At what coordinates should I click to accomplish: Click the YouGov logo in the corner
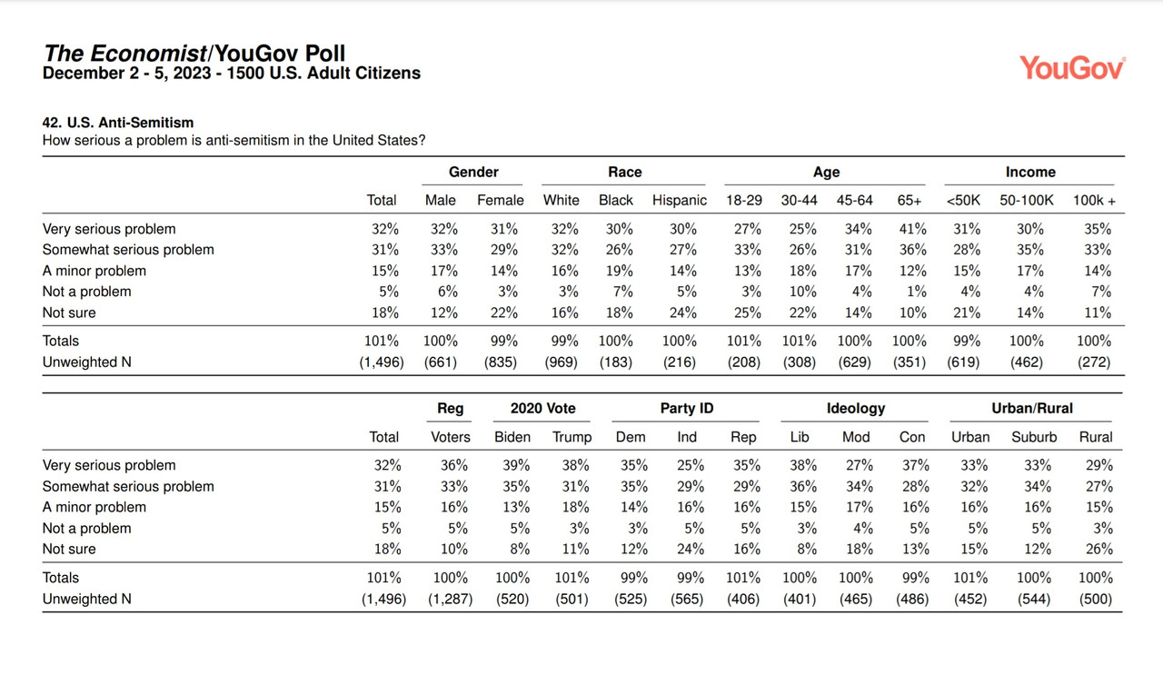click(x=1073, y=68)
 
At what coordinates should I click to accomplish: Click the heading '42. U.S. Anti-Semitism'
click(x=118, y=123)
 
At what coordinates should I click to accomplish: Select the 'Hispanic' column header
click(x=679, y=201)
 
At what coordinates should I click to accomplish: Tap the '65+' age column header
click(x=910, y=201)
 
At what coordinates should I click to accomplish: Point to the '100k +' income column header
click(x=1094, y=201)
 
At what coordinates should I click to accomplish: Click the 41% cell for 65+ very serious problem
click(x=912, y=229)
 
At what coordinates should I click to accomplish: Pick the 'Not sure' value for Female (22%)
click(x=503, y=313)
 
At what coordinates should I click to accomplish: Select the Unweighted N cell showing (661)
click(x=441, y=362)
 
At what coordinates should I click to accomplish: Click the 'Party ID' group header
click(x=686, y=408)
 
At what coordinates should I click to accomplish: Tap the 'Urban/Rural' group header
click(x=1031, y=408)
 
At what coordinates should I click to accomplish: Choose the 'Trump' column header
click(x=572, y=437)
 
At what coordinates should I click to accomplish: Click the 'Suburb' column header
click(x=1034, y=437)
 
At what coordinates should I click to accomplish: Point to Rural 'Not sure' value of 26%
click(x=1098, y=549)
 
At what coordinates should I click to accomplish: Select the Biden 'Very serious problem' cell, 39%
click(x=515, y=465)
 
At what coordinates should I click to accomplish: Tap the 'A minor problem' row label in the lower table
click(x=94, y=507)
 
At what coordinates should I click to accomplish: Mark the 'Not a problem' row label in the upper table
click(x=86, y=292)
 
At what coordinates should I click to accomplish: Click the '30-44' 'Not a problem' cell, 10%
click(x=802, y=292)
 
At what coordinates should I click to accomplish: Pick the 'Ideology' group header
click(x=856, y=409)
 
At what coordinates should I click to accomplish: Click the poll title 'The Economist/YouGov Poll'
click(x=194, y=53)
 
